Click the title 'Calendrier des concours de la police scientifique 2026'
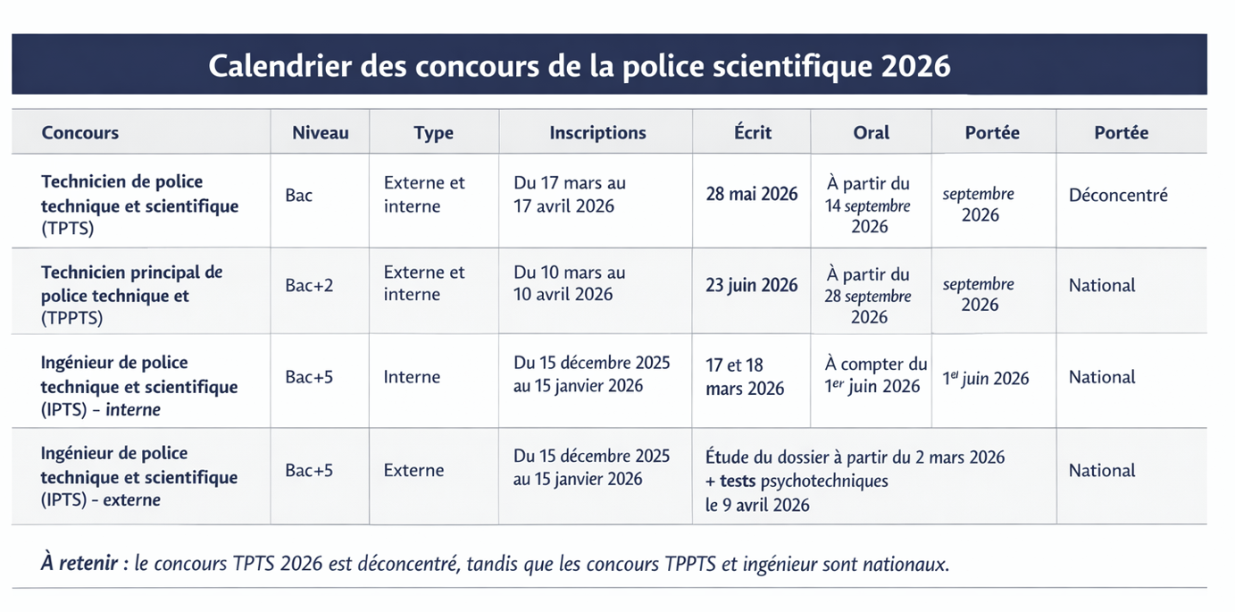click(580, 66)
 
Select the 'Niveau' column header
click(320, 133)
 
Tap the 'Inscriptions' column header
click(597, 133)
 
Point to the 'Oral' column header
click(871, 133)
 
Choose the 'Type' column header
click(433, 133)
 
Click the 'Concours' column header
click(80, 133)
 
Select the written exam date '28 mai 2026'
click(752, 195)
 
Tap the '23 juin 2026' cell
click(752, 286)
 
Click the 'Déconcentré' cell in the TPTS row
click(1118, 195)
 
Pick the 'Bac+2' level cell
click(311, 286)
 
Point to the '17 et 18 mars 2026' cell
click(745, 377)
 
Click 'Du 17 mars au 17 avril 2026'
click(570, 195)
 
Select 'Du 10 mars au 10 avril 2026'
click(570, 283)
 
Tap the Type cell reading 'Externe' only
click(413, 471)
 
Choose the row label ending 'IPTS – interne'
click(138, 387)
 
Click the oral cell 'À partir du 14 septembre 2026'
click(868, 205)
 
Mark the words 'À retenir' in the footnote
click(80, 565)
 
